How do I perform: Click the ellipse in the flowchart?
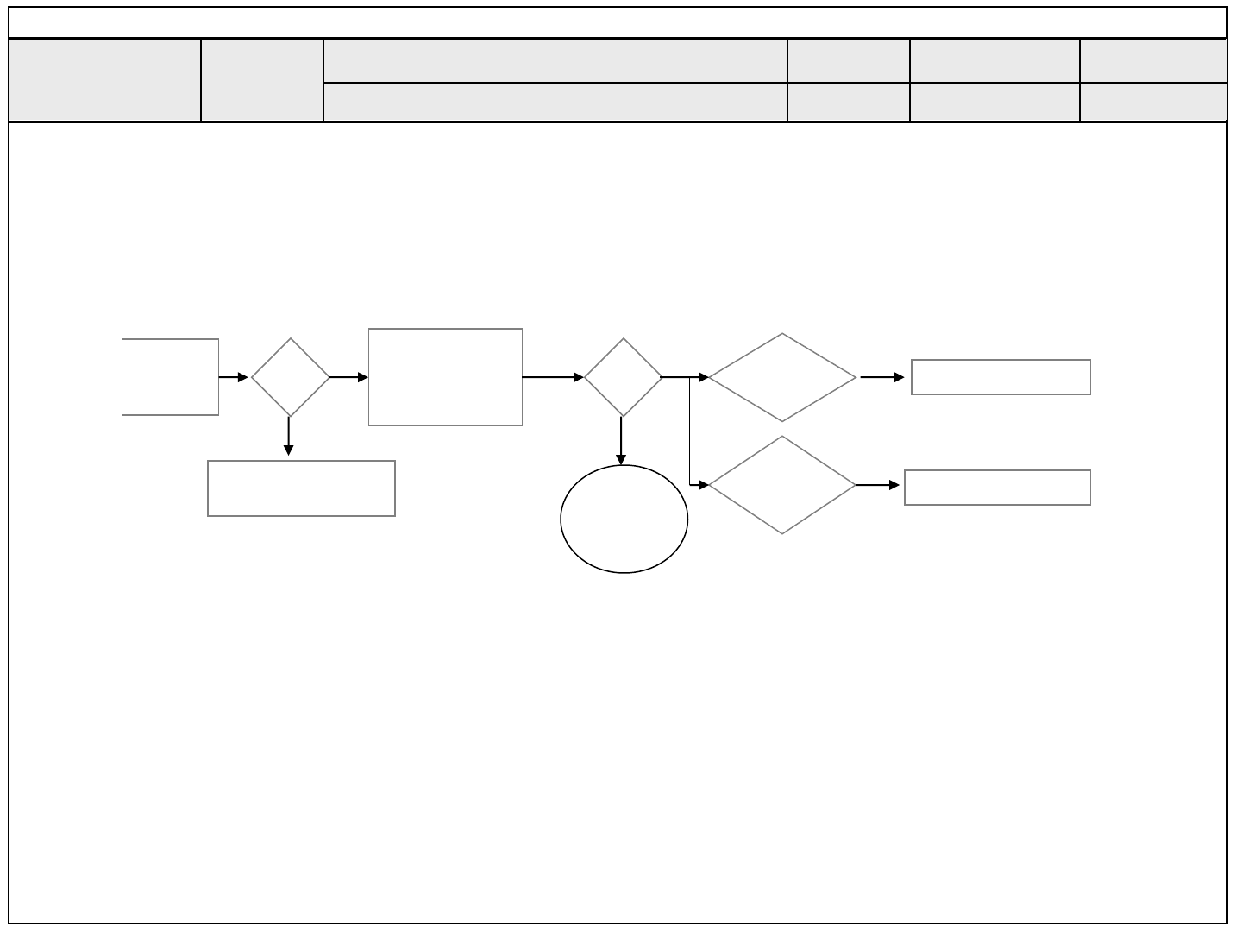(624, 519)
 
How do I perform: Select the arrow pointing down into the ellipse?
(621, 441)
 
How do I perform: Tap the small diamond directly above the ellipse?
(623, 377)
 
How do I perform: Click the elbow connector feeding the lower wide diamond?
(691, 449)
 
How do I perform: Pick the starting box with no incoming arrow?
(170, 377)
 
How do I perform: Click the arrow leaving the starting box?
(234, 377)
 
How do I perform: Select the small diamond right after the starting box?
(290, 377)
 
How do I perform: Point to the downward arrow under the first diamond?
(289, 436)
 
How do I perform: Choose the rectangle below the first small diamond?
(301, 488)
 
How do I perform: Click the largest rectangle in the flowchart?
(445, 377)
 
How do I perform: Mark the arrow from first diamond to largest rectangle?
(348, 377)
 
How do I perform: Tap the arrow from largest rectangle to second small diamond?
(553, 377)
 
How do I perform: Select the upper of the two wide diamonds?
(782, 377)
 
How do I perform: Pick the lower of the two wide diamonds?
(782, 485)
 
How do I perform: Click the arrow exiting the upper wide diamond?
(882, 377)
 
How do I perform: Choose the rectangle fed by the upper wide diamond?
(1000, 377)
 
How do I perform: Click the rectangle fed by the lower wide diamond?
(997, 488)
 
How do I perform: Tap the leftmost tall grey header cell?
(104, 79)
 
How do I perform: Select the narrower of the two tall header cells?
(262, 79)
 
